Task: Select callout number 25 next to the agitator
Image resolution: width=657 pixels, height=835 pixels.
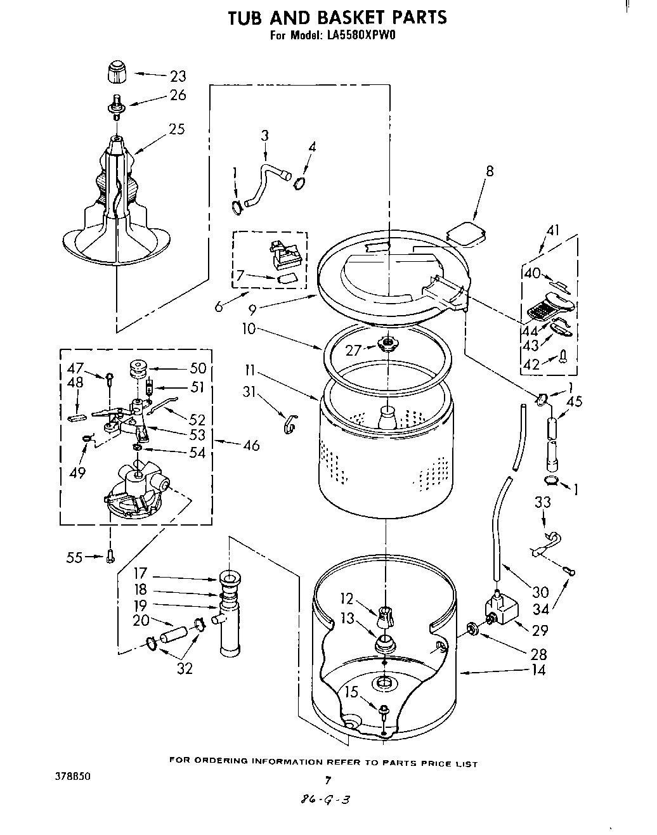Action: click(177, 129)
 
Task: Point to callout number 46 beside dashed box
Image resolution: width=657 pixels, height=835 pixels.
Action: click(251, 445)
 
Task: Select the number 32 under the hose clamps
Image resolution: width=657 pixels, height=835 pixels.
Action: click(185, 668)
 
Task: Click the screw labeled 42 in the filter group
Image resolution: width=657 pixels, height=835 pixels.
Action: click(563, 359)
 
